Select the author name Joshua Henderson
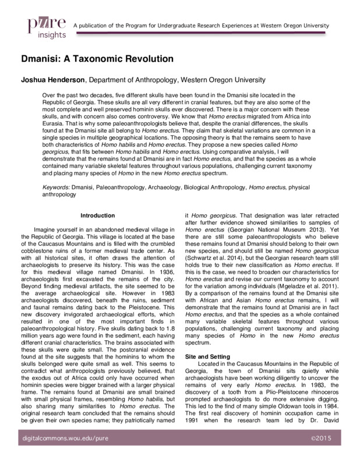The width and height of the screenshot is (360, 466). pyautogui.click(x=54, y=80)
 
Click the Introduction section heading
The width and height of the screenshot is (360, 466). pyautogui.click(x=98, y=215)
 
